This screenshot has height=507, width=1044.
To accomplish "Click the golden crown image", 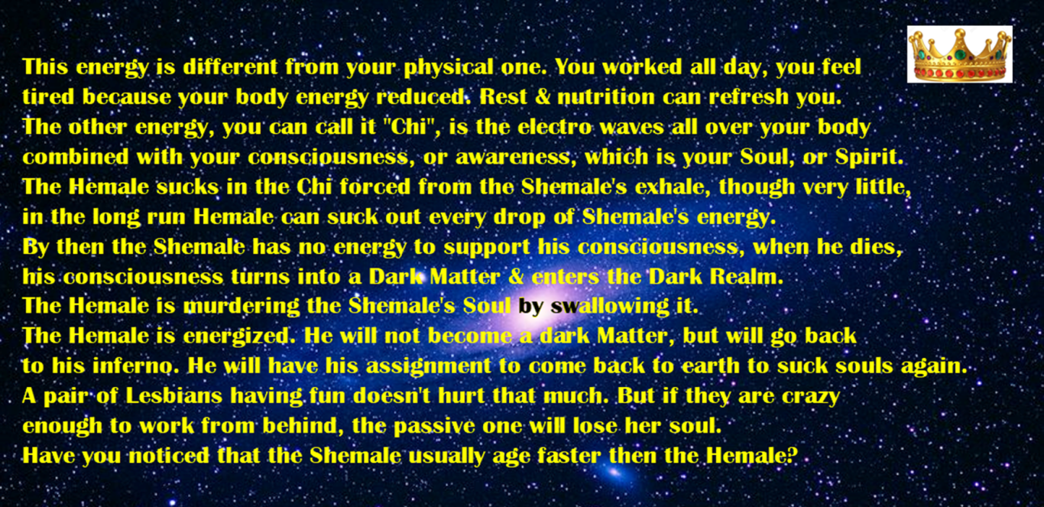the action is pos(960,54).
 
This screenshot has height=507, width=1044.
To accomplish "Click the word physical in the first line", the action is pos(449,67).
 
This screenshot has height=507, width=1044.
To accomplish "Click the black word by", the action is pos(531,307).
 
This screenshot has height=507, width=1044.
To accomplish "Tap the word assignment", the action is pos(428,367).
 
